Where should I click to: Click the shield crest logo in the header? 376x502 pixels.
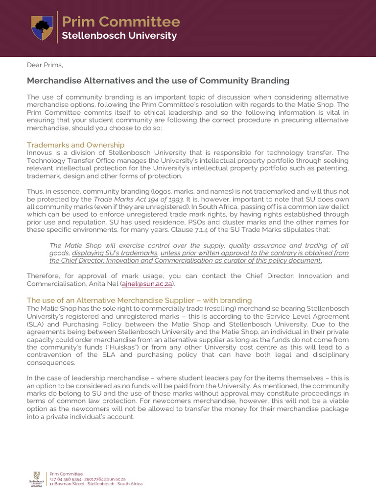tap(42, 27)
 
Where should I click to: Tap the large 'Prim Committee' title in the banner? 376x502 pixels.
tap(120, 22)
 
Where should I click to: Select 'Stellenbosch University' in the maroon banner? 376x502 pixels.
tap(119, 36)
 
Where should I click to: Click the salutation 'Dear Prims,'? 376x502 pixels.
tap(45, 65)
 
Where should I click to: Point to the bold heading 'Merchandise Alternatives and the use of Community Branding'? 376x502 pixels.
tap(158, 80)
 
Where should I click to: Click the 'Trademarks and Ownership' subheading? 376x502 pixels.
tap(75, 145)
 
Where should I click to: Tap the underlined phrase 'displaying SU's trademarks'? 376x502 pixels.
tap(115, 253)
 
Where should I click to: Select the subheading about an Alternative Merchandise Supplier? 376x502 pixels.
tap(139, 300)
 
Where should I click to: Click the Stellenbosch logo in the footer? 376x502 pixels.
tap(36, 478)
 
